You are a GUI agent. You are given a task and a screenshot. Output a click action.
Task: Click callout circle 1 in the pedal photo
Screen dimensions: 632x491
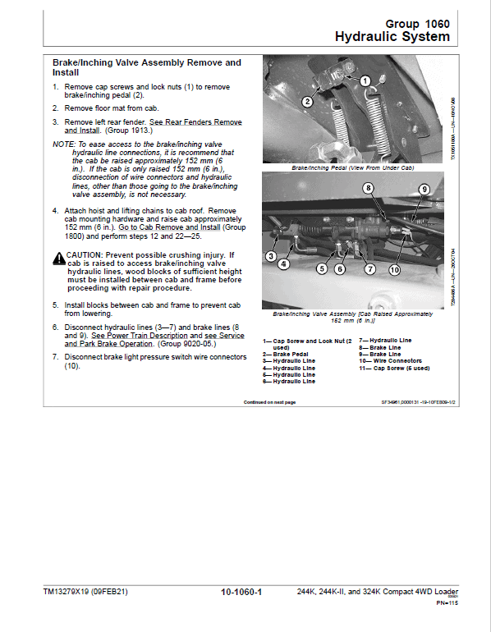click(365, 81)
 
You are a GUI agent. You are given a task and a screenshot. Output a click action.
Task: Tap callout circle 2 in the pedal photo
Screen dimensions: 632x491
click(305, 102)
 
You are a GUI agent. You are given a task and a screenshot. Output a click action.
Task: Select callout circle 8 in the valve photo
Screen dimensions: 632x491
click(369, 189)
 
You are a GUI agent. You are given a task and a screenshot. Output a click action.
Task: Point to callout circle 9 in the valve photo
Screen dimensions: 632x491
click(424, 189)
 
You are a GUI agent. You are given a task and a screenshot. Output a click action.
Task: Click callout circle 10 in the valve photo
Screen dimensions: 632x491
click(393, 269)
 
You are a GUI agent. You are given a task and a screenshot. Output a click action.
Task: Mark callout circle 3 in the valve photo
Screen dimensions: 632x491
click(270, 257)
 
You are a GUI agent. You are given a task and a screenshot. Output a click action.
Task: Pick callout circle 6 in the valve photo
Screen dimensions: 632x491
click(340, 268)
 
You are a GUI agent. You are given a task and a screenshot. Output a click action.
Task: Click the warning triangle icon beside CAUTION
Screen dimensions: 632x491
click(58, 258)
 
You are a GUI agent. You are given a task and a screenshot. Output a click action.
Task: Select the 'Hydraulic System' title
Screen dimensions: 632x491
click(392, 37)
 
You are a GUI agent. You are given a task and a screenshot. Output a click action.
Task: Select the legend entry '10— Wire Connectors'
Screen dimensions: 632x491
click(390, 360)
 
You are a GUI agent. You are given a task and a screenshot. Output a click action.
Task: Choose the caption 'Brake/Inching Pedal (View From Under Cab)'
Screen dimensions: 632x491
click(352, 167)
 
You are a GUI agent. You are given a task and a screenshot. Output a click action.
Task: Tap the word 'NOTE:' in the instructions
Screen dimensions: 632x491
click(62, 144)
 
